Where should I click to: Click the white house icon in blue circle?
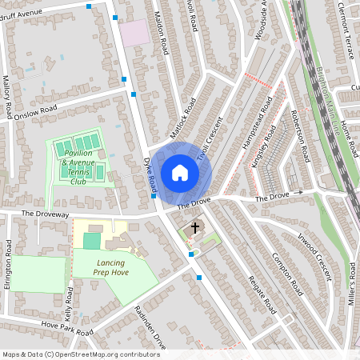pyautogui.click(x=180, y=173)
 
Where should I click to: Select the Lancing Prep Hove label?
pyautogui.click(x=111, y=267)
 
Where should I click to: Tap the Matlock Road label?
pyautogui.click(x=182, y=118)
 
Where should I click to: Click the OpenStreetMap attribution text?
pyautogui.click(x=80, y=354)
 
